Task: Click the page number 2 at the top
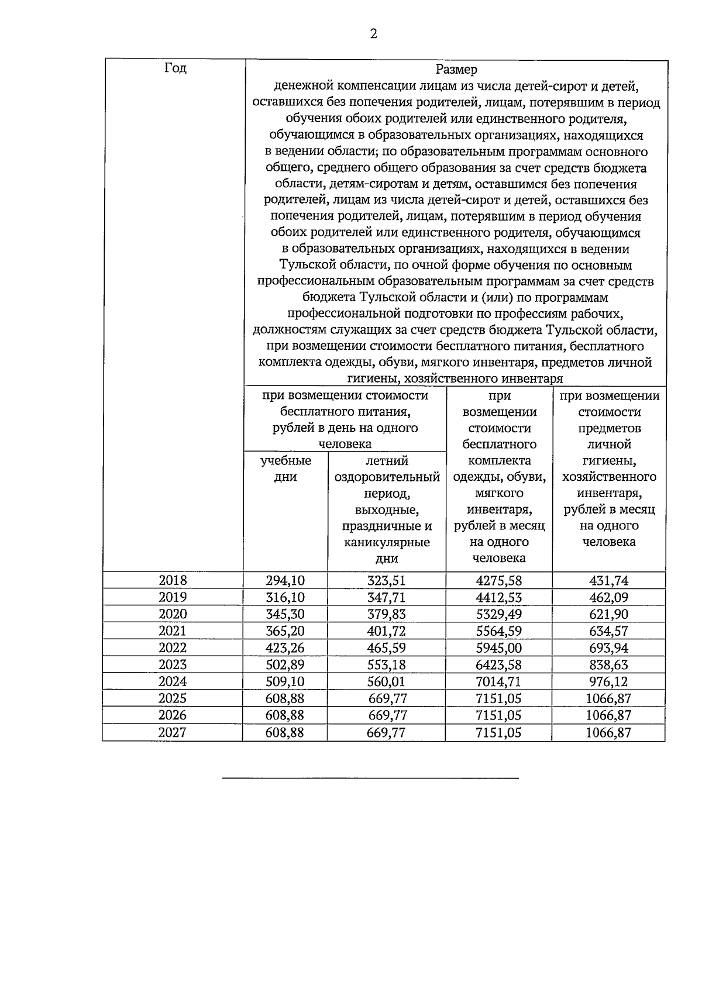coord(373,34)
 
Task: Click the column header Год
coord(175,68)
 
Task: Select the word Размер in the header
coord(456,70)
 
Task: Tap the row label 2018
coord(173,580)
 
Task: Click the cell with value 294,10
coord(285,580)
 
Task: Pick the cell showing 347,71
coord(386,597)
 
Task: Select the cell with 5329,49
coord(498,614)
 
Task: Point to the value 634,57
coord(608,631)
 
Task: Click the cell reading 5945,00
coord(498,648)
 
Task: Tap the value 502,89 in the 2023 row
coord(285,665)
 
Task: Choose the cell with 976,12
coord(608,681)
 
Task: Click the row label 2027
coord(173,732)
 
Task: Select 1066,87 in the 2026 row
coord(608,715)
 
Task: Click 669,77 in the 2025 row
coord(387,698)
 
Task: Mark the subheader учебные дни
coord(285,469)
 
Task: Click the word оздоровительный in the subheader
coord(387,477)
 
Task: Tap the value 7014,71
coord(498,681)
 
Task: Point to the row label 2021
coord(173,631)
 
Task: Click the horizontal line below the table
coord(370,779)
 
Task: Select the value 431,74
coord(608,580)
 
